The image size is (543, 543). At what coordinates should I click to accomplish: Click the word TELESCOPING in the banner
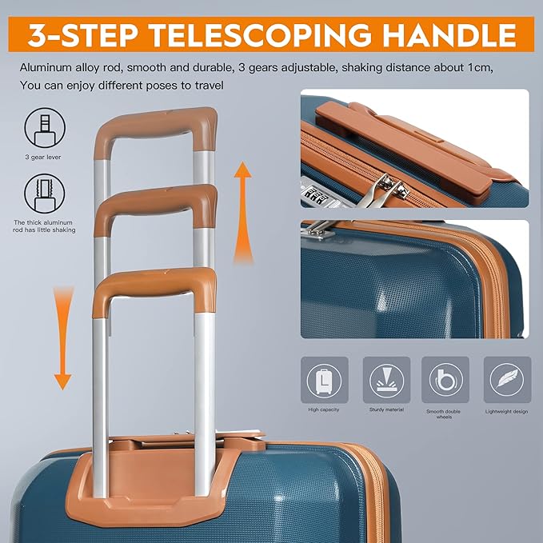[259, 34]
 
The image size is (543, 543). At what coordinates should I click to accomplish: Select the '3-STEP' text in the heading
[82, 34]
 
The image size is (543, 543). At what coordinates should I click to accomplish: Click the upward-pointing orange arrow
[243, 212]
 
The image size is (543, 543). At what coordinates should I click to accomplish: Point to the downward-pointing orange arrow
[63, 337]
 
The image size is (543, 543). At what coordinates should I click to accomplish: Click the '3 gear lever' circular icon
[45, 128]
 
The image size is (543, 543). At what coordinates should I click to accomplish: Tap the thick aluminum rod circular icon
[44, 194]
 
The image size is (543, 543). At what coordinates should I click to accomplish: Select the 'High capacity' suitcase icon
[325, 380]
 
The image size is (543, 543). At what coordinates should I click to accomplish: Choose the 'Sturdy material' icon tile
[386, 380]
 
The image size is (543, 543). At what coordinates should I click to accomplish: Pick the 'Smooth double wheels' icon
[445, 380]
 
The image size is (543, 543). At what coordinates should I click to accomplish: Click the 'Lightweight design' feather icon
[507, 380]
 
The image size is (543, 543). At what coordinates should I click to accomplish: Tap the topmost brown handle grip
[156, 129]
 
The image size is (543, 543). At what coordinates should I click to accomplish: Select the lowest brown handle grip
[155, 287]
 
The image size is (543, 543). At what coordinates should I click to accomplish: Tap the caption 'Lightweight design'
[506, 412]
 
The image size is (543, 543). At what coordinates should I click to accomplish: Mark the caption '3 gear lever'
[43, 158]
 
